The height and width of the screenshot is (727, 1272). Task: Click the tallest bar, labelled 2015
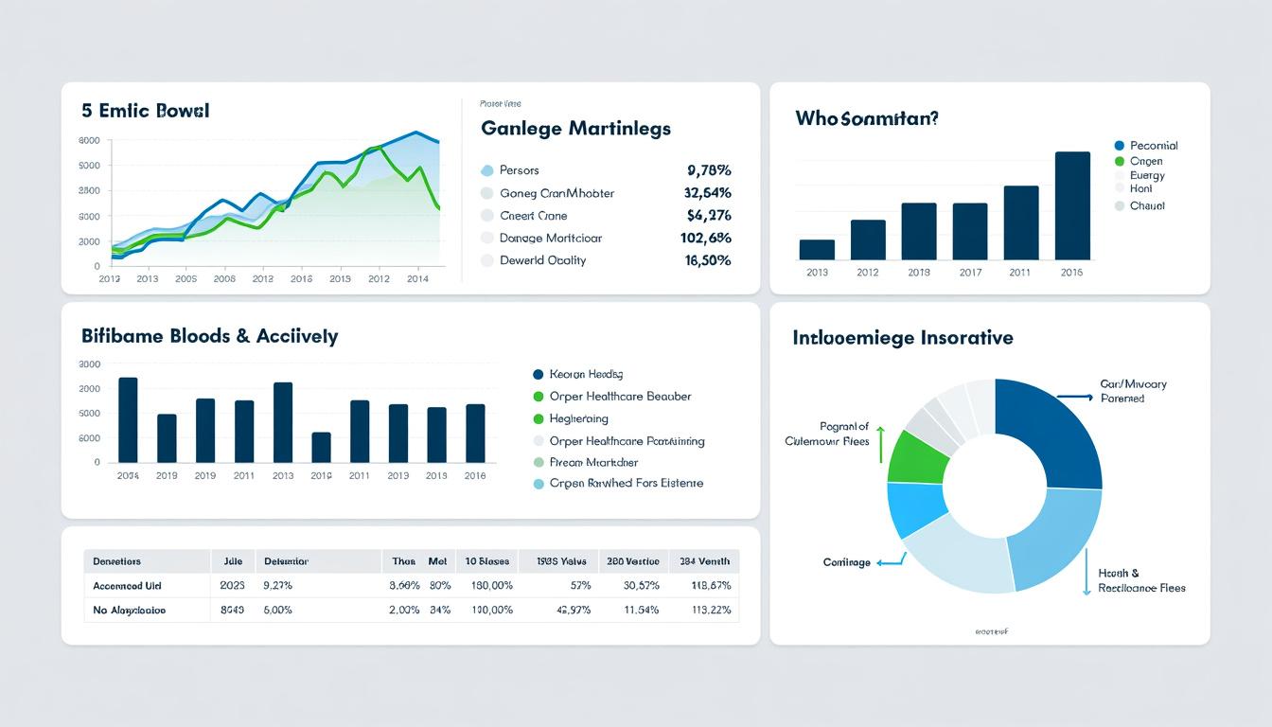click(x=1072, y=205)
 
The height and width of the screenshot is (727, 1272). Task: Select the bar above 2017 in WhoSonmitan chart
click(x=970, y=231)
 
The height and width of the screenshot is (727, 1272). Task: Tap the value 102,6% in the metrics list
click(x=705, y=239)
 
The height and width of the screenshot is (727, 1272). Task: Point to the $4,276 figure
click(x=708, y=216)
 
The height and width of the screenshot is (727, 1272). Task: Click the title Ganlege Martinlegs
click(x=575, y=128)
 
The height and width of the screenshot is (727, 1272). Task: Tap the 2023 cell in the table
click(x=232, y=586)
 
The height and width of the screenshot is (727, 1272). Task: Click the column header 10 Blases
click(x=487, y=561)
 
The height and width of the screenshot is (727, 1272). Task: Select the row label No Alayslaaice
click(x=130, y=611)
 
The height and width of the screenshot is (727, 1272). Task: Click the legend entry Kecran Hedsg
click(x=586, y=375)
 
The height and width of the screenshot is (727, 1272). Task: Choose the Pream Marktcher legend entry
click(x=593, y=463)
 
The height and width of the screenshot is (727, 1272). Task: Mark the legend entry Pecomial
click(x=1154, y=146)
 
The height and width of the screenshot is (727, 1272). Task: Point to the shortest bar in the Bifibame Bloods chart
click(x=321, y=448)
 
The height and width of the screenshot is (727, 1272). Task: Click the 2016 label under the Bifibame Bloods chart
click(x=475, y=476)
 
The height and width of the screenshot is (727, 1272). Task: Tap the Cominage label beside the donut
click(x=846, y=562)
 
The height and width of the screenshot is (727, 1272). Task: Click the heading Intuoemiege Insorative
click(x=903, y=338)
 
